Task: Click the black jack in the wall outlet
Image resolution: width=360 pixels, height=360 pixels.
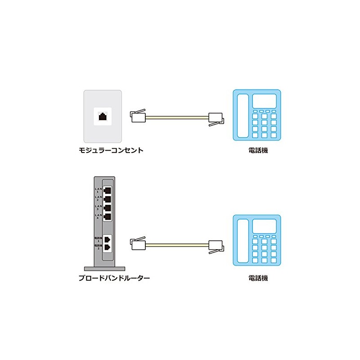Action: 103,116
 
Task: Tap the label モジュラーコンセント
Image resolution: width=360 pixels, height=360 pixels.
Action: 111,150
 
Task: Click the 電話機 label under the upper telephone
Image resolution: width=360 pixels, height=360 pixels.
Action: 258,150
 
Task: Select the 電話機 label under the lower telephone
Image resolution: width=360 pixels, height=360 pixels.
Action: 258,278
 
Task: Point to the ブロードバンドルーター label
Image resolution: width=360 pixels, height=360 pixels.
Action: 114,278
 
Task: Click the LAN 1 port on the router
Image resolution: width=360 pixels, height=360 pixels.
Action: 108,189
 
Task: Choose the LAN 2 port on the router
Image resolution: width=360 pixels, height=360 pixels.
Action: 108,198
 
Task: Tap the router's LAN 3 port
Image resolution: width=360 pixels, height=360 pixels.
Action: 108,208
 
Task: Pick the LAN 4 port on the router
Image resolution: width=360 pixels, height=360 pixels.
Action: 108,217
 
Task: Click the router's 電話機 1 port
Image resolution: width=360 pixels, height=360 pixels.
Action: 108,238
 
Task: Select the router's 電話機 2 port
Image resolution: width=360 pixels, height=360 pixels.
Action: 108,247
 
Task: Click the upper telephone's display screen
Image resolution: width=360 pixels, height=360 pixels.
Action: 264,100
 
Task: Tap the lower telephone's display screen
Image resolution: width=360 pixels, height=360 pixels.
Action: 264,226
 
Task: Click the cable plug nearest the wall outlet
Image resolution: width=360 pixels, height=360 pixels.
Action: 139,117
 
